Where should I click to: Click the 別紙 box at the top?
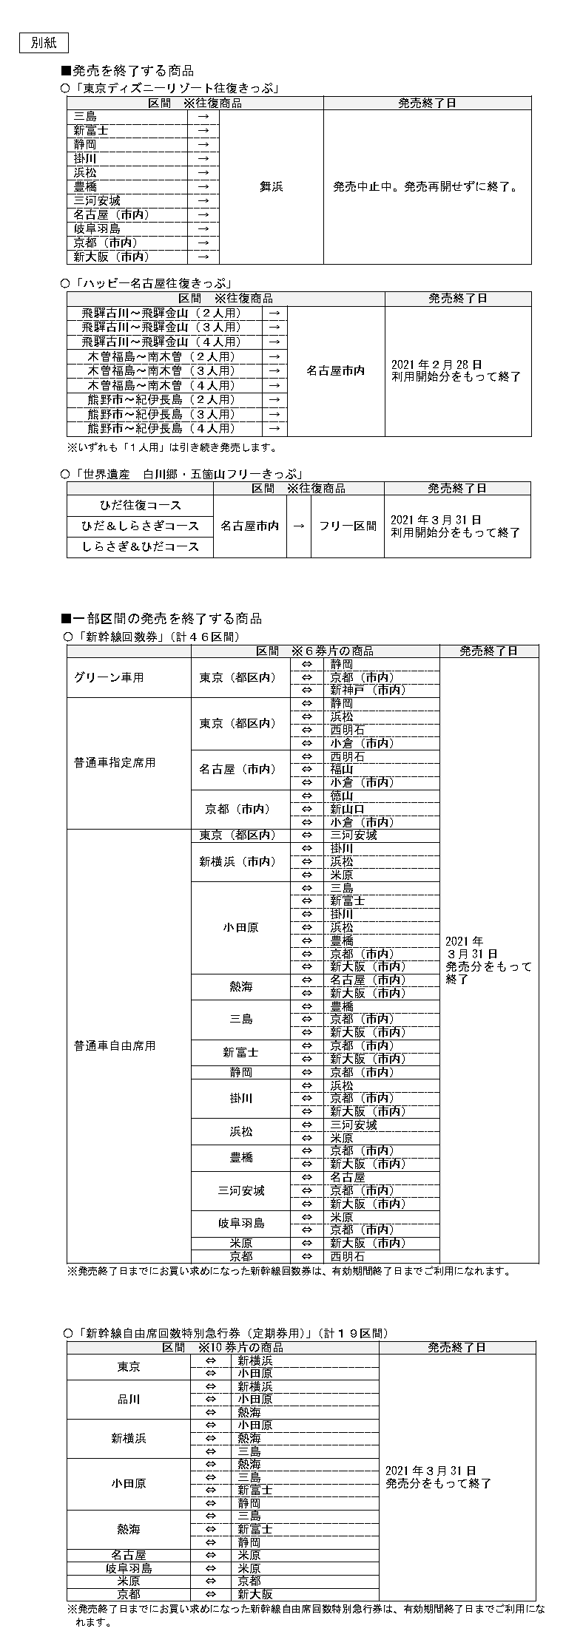click(x=43, y=43)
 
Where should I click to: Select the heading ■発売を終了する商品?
click(x=127, y=71)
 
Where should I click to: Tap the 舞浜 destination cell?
click(x=271, y=187)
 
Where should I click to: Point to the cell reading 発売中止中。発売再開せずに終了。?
click(x=426, y=187)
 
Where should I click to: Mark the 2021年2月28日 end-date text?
click(x=436, y=365)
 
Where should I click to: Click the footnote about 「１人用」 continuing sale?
click(x=172, y=447)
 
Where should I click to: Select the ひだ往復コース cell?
click(x=141, y=506)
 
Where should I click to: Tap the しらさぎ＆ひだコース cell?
click(x=141, y=547)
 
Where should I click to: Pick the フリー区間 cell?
click(x=347, y=526)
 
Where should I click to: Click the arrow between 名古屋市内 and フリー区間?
click(x=299, y=526)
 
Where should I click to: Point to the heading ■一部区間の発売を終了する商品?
click(x=161, y=619)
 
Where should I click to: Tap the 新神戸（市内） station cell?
click(x=368, y=691)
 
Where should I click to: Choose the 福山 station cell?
click(x=342, y=770)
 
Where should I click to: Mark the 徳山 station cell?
click(x=342, y=796)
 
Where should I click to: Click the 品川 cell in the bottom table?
click(x=129, y=1400)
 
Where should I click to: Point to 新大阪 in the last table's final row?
click(x=255, y=1595)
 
